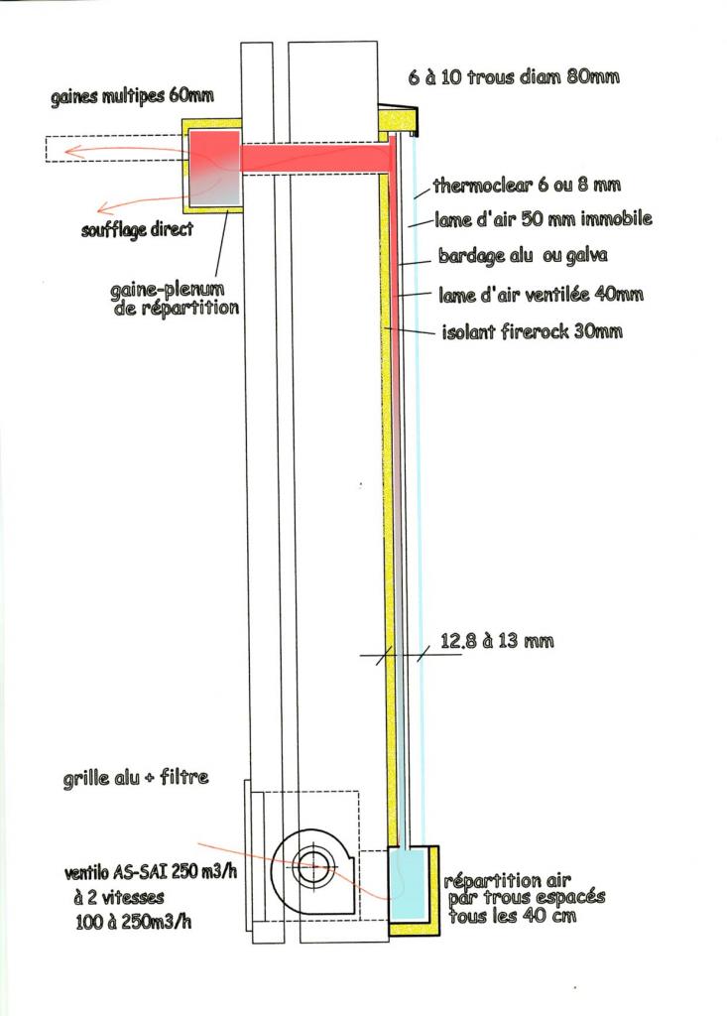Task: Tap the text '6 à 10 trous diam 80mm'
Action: (x=515, y=76)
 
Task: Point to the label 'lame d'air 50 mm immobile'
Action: (x=543, y=219)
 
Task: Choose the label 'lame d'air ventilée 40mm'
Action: (x=541, y=295)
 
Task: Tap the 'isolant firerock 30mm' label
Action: (x=532, y=331)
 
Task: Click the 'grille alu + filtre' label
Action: (x=135, y=778)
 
